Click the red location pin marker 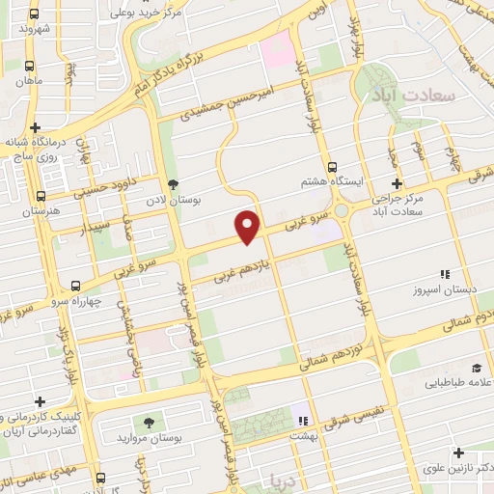click(249, 225)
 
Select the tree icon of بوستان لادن click(174, 184)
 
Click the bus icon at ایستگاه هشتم click(333, 166)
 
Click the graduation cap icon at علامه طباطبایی click(476, 368)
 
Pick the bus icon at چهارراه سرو click(75, 286)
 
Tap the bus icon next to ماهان click(29, 66)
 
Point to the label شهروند click(32, 29)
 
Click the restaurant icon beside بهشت click(303, 421)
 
